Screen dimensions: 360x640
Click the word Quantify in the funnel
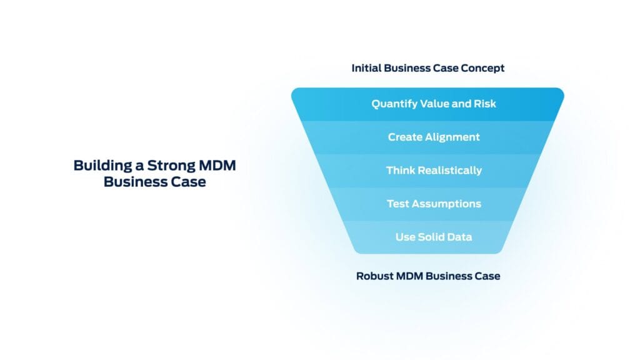394,104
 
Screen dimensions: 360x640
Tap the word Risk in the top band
484,104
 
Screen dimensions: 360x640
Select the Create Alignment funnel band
434,137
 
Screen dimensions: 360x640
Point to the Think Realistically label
434,170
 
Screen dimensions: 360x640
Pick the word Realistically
448,170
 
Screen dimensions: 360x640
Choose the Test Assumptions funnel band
434,204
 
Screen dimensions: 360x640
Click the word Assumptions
446,204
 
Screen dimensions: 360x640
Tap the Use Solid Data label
434,237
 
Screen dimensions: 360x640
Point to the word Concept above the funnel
483,67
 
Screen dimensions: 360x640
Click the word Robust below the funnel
374,276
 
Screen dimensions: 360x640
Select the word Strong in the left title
169,166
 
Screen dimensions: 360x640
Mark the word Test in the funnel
397,204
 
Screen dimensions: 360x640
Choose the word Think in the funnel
400,170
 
